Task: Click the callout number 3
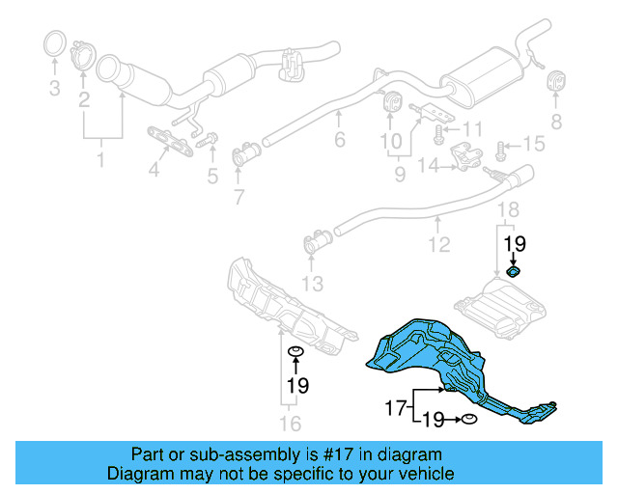pos(54,89)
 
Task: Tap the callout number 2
pos(85,99)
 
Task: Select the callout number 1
pos(100,160)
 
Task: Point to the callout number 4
pos(153,173)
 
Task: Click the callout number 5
pos(211,176)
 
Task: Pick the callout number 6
pos(339,141)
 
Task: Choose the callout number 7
pos(239,199)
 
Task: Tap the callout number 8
pos(555,122)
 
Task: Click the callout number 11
pos(471,128)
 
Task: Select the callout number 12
pos(439,245)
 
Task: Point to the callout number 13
pos(312,284)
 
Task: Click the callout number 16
pos(290,423)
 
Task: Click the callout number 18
pos(508,210)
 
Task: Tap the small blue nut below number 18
pos(515,273)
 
